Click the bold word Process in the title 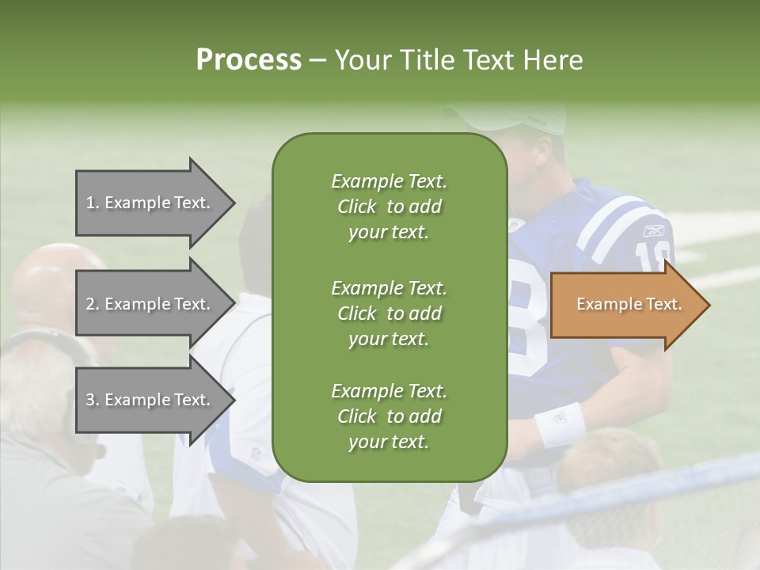coord(249,60)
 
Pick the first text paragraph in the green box coord(389,207)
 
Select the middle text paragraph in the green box coord(389,313)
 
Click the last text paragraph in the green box coord(389,416)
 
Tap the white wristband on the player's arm coord(560,424)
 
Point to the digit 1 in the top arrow coord(89,203)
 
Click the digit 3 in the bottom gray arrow coord(90,400)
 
